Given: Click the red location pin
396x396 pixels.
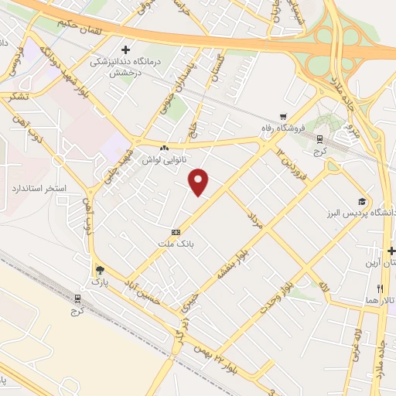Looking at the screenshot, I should coord(200,182).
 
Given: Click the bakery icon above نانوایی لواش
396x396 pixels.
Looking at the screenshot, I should coord(163,148).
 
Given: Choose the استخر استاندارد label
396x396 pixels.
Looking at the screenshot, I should coord(39,188).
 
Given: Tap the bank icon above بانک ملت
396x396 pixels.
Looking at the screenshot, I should coord(176,231).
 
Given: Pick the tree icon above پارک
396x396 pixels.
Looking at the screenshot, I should coord(98,270).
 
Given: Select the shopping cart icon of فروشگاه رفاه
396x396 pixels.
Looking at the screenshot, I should coord(282,117).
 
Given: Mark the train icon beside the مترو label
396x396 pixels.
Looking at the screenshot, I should coord(319,138).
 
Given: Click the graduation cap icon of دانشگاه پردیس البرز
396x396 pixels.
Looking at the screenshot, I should coord(361,201).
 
